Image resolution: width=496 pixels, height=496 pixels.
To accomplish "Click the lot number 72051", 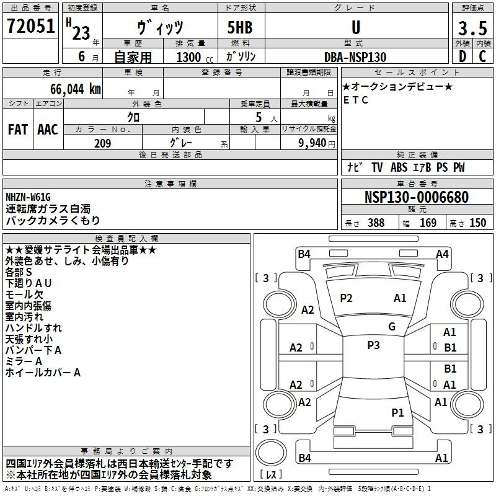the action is [x=30, y=25].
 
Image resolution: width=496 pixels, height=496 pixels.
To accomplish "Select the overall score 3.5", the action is [x=472, y=28].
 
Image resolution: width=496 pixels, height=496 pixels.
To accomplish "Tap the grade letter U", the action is [x=356, y=27].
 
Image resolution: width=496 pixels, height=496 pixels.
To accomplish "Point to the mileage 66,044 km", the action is [x=76, y=89].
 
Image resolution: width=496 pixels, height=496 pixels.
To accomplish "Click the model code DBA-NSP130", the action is [x=355, y=57].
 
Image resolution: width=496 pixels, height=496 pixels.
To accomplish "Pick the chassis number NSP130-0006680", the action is [x=417, y=197].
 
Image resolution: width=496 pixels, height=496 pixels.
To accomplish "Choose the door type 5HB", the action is [x=240, y=27].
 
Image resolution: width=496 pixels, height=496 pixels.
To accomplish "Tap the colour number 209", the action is [x=103, y=143].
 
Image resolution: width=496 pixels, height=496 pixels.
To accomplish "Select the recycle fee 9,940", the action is [x=312, y=143].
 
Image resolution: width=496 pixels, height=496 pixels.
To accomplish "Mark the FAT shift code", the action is [x=18, y=130].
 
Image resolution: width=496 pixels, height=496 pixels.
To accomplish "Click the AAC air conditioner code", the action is [x=48, y=130].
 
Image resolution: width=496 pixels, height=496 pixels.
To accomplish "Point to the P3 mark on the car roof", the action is [x=373, y=345].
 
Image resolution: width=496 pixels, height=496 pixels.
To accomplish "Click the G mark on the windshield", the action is [x=392, y=326].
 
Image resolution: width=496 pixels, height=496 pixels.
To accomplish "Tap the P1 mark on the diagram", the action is [x=397, y=412].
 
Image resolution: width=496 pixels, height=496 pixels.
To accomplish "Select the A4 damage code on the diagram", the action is [x=442, y=254].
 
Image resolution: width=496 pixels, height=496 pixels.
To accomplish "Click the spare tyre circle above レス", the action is [x=271, y=452].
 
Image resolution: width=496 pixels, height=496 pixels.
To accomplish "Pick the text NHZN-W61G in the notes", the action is [x=28, y=197].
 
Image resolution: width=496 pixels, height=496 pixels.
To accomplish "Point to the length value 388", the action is [x=376, y=223].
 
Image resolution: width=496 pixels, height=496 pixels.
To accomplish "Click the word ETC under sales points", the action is [x=355, y=100].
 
